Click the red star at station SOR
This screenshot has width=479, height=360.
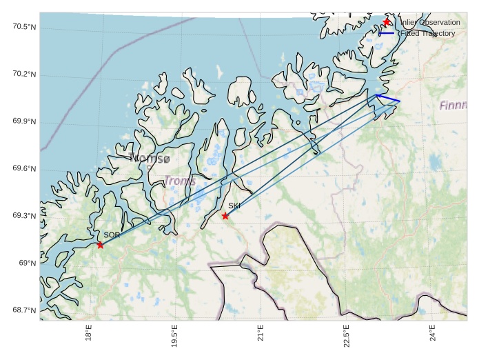(101, 245)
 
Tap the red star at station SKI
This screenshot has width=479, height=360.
(225, 216)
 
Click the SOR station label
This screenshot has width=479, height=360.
(112, 235)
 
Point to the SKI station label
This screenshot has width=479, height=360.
(234, 206)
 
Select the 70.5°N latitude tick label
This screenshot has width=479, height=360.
(24, 27)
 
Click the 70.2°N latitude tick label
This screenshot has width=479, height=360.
(24, 74)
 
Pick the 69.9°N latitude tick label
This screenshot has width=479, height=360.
(24, 122)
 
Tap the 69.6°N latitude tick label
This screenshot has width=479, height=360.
(24, 169)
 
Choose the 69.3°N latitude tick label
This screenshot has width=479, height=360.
(24, 216)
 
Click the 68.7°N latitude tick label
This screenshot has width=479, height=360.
(24, 310)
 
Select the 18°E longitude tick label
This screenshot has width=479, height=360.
(88, 332)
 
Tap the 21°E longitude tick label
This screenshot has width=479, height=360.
(261, 332)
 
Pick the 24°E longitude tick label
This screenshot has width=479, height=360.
(432, 332)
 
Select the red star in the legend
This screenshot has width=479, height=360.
(387, 22)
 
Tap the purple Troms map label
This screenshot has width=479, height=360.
(179, 181)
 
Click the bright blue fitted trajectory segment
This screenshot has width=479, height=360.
(388, 99)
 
